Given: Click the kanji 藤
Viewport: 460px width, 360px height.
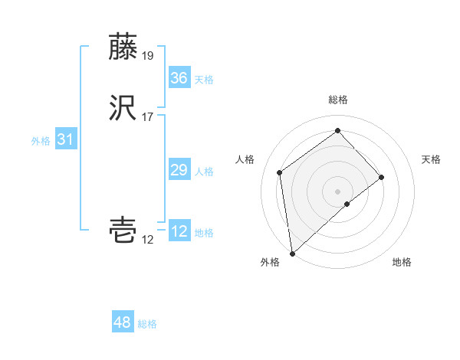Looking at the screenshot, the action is (123, 47).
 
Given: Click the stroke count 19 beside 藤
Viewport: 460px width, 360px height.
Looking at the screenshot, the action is (148, 55).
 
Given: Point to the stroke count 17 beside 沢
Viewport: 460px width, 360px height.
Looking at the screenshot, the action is (148, 116).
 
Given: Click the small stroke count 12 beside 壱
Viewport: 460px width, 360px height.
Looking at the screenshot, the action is (148, 240).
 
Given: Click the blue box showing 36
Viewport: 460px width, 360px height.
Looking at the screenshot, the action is (179, 77).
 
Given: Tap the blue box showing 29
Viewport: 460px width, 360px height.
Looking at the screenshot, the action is (179, 169).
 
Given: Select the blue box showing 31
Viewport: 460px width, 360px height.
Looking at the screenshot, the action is (65, 139).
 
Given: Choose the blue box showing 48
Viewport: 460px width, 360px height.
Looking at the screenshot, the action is (123, 322).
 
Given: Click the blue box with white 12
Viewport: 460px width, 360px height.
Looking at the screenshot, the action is (179, 231).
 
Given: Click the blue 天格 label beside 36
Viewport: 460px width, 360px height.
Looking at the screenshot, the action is (204, 80).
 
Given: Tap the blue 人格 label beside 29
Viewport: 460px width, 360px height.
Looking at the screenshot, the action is (204, 172).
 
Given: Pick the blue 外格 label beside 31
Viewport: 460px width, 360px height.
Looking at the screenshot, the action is (41, 141).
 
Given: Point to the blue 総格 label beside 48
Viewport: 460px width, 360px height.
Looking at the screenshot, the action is (147, 325).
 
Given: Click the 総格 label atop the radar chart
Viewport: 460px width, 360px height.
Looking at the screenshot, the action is (338, 100).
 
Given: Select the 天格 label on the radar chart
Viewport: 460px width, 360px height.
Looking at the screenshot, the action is (431, 159).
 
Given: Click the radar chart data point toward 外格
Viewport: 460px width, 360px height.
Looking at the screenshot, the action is (291, 253).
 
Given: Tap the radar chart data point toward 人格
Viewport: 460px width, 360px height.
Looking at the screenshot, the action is (280, 172).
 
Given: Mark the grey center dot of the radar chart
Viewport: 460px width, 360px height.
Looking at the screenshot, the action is (338, 190).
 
